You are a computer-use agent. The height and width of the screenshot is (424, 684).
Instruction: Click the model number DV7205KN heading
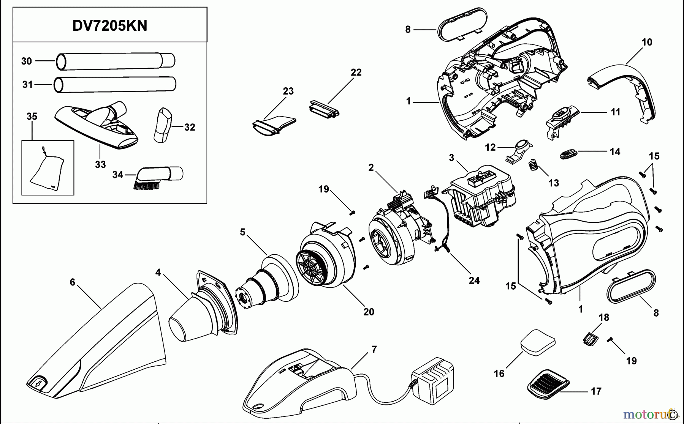click(110, 26)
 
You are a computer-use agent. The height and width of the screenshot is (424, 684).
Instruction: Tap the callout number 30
click(26, 61)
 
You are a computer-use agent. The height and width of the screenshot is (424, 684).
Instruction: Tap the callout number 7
click(374, 349)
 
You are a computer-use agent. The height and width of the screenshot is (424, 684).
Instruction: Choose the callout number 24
click(474, 281)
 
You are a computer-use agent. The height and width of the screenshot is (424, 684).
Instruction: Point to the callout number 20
click(369, 312)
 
